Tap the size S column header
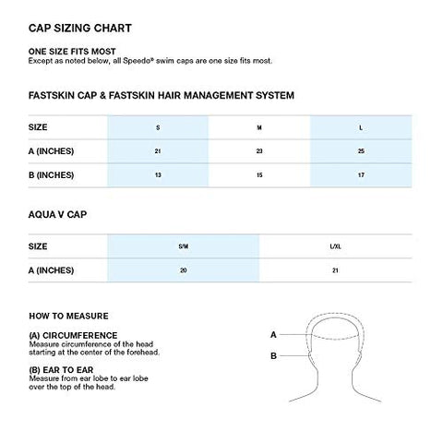coord(157,126)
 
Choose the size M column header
coord(258,126)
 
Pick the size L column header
coord(361,126)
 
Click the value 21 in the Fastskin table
coord(157,150)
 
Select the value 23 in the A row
coord(258,150)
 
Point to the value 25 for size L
coord(361,150)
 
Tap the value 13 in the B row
coord(157,175)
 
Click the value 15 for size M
coord(258,175)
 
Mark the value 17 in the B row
coord(361,175)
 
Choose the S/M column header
coord(183,247)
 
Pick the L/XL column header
coord(335,247)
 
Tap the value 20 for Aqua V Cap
coord(183,271)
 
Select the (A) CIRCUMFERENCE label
coord(73,335)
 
